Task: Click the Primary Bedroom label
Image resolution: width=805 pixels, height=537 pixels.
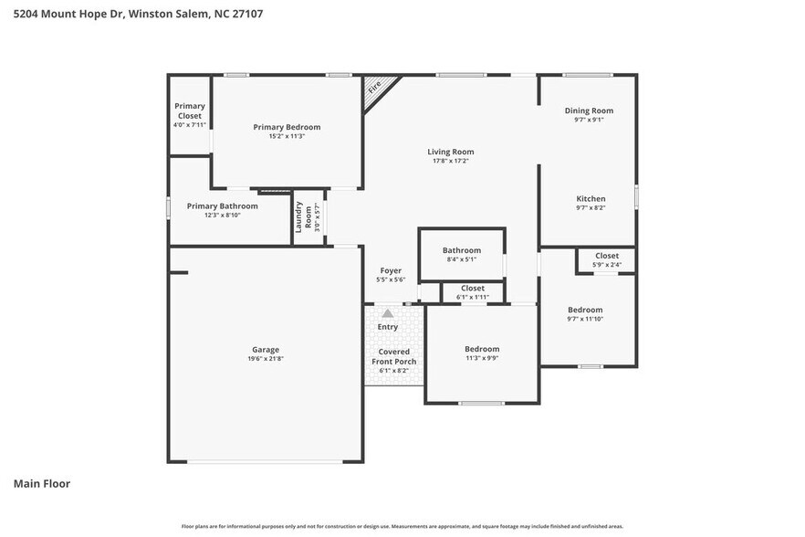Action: (287, 127)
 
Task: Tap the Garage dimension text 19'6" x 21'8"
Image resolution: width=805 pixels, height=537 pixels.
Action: (266, 359)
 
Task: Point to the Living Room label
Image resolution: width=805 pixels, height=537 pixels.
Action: (451, 152)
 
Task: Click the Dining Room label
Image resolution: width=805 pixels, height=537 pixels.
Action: (589, 111)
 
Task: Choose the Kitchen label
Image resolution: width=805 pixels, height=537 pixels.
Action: (591, 198)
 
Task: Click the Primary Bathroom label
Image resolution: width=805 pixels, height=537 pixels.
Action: (222, 205)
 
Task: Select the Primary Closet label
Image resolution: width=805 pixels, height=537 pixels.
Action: (190, 111)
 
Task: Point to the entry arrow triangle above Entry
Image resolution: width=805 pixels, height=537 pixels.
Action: (388, 312)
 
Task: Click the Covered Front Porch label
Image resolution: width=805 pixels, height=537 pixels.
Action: (393, 356)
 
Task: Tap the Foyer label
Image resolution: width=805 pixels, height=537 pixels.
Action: (391, 270)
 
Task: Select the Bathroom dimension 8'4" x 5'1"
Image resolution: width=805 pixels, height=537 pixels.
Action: (461, 259)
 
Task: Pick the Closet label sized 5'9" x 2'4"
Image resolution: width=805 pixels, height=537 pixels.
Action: (607, 256)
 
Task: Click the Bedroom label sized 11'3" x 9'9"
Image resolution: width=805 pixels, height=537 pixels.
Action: (482, 349)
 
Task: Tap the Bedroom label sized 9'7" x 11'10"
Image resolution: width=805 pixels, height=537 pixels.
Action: (585, 310)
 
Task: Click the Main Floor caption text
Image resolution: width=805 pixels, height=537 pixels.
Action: (41, 483)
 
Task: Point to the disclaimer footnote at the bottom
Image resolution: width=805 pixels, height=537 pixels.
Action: (402, 526)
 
